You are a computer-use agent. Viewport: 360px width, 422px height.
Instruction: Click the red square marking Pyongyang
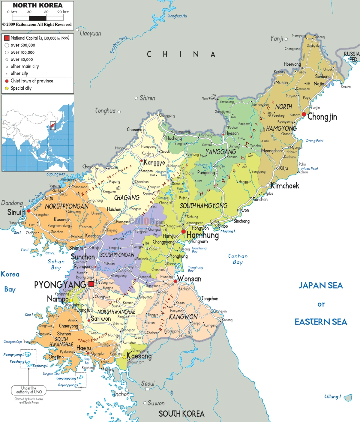91,284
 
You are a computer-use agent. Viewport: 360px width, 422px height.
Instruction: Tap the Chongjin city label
322,117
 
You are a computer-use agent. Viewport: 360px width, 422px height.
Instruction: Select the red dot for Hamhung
183,231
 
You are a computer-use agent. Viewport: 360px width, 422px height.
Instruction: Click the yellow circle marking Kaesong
124,357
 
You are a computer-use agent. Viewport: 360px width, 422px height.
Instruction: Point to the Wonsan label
189,279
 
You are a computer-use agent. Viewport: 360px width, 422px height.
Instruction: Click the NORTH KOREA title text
37,5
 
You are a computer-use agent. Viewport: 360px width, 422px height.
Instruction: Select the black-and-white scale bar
37,18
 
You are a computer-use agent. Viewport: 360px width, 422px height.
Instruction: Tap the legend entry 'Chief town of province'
32,81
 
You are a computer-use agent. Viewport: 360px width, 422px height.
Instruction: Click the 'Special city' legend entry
21,88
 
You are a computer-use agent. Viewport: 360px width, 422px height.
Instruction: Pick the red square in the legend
7,38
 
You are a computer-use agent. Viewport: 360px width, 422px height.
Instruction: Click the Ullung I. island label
333,397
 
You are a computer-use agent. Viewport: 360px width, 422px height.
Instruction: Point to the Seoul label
148,384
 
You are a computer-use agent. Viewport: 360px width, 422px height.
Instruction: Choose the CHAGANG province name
127,198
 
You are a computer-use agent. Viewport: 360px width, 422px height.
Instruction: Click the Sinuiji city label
16,212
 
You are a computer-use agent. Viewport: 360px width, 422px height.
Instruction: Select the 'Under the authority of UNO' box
29,390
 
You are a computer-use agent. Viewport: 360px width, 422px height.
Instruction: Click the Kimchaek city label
285,186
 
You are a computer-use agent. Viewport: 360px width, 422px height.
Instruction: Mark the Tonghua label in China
105,111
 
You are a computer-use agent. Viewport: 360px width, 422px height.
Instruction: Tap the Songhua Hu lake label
177,16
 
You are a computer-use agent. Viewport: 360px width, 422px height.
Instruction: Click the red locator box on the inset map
53,126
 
